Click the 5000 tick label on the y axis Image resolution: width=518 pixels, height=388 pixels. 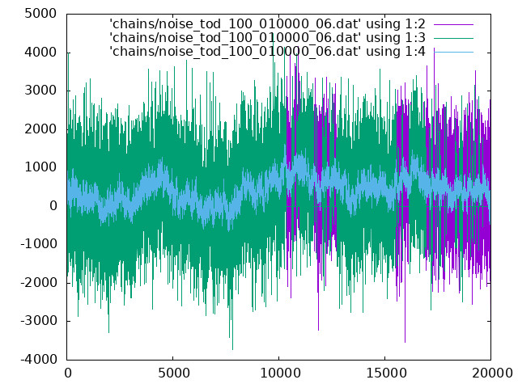40,14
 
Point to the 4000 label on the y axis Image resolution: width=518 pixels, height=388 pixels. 40,52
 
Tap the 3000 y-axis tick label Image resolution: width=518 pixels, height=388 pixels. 40,91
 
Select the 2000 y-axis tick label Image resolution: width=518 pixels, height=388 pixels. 40,129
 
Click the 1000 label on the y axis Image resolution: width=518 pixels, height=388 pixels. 40,167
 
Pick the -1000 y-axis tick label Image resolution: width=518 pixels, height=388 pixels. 39,244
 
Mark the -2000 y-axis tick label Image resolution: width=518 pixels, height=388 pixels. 39,282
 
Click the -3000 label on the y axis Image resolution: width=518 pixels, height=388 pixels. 39,321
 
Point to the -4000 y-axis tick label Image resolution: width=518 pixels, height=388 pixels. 39,359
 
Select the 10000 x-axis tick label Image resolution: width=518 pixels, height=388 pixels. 280,373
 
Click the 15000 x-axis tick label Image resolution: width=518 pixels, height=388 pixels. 386,373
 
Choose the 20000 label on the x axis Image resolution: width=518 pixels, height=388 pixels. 492,373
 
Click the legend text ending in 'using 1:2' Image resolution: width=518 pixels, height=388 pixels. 267,24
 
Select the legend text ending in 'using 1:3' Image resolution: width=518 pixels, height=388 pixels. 267,38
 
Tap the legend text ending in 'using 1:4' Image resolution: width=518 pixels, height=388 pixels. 267,52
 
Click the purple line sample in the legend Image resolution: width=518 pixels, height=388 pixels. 453,24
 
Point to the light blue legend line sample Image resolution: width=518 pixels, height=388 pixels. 453,52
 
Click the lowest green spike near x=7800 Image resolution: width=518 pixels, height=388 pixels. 232,348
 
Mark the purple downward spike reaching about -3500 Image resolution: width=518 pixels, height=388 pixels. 405,341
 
